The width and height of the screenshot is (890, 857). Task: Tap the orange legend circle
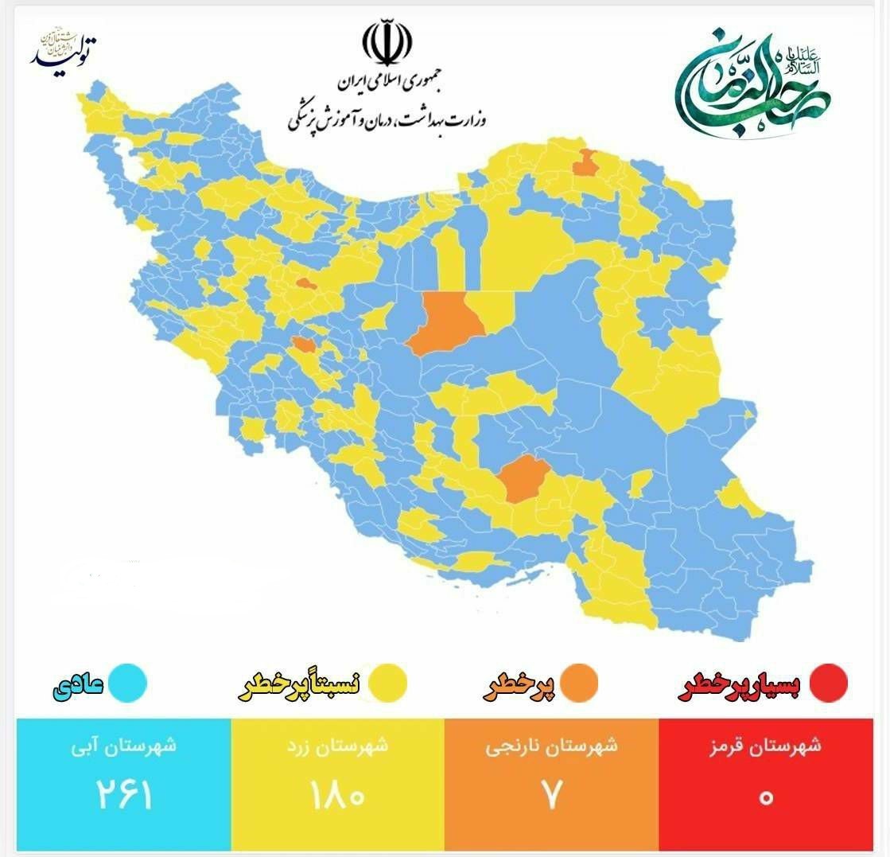(x=578, y=683)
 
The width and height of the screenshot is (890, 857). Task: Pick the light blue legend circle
(x=128, y=683)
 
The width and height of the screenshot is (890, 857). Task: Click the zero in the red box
(x=765, y=797)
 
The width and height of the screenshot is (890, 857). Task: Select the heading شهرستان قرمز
(x=765, y=747)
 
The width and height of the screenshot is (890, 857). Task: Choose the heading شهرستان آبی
(x=124, y=747)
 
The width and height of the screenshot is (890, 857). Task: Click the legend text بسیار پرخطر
(x=741, y=685)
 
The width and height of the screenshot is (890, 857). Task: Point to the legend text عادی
(x=77, y=685)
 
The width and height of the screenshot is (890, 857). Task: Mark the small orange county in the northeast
(x=588, y=162)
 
